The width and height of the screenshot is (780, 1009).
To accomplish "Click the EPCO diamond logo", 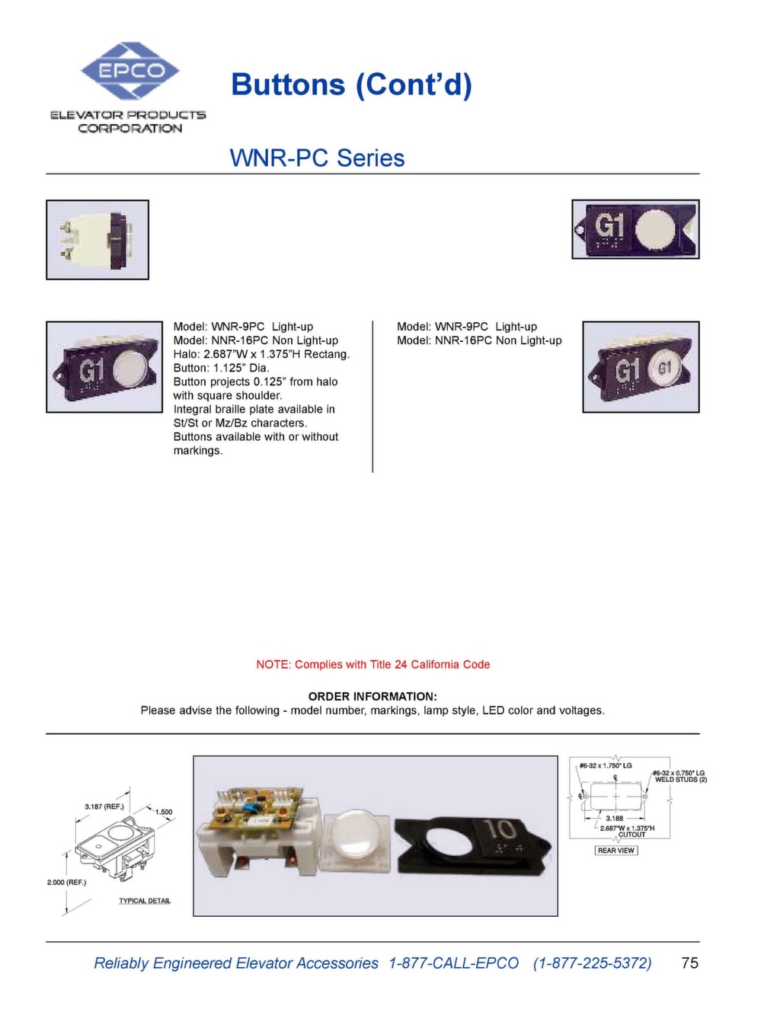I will pos(130,71).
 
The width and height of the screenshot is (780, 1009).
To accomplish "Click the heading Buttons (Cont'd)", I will pos(351,84).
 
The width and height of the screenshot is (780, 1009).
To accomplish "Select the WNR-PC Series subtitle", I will pos(317,158).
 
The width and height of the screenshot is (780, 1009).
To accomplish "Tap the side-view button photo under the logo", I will pos(97,240).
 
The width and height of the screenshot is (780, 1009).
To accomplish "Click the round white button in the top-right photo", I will pos(655,230).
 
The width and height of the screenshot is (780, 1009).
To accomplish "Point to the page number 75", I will pos(689,963).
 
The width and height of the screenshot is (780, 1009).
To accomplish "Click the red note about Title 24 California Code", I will pos(372,664).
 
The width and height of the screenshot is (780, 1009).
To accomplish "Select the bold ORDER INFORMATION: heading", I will pos(372,696).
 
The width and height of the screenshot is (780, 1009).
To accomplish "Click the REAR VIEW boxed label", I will pos(615,851).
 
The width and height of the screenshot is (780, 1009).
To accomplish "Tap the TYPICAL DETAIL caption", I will pos(145,901).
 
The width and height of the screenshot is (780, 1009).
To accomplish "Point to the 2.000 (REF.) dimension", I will pos(67,882).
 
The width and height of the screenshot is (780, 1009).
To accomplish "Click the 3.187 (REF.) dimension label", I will pos(104,806).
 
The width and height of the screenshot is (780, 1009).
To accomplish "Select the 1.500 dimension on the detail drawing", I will pos(164,812).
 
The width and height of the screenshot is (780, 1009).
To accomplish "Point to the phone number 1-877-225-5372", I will pos(593,963).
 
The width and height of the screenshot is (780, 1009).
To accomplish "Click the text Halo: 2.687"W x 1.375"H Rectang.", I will pos(261,354).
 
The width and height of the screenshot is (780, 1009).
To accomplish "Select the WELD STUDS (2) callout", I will pos(681,780).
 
